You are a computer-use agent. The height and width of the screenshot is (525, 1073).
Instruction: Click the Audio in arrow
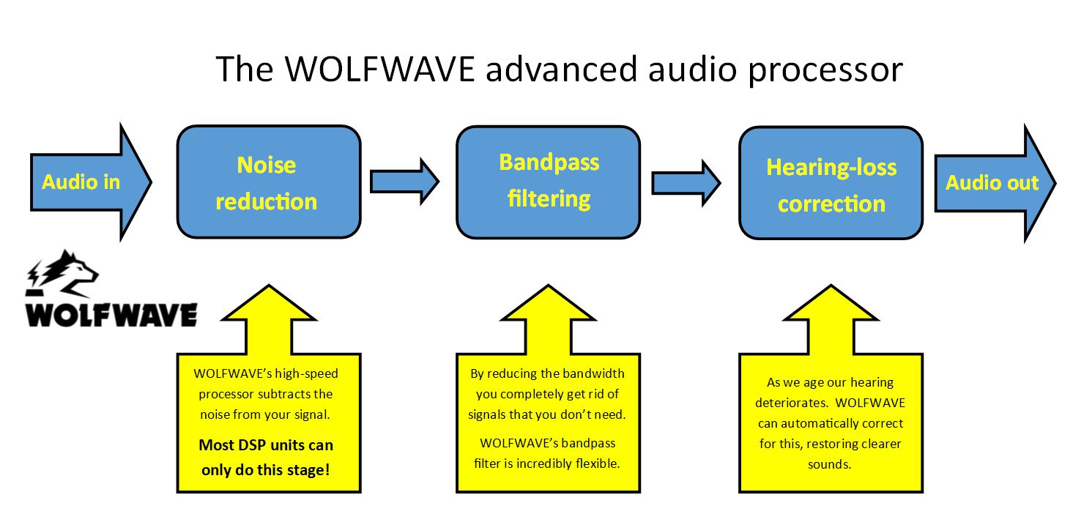click(82, 182)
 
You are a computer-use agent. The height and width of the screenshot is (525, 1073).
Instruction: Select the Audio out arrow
click(992, 182)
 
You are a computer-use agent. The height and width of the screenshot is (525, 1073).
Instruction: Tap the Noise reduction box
click(269, 182)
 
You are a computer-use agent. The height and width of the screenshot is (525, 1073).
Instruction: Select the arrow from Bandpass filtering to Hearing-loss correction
click(686, 182)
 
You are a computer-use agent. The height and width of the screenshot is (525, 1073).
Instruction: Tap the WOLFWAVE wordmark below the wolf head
click(111, 313)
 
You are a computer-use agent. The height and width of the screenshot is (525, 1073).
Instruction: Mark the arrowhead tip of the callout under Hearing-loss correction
click(831, 286)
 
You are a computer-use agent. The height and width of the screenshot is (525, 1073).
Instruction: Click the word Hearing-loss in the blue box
click(831, 168)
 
